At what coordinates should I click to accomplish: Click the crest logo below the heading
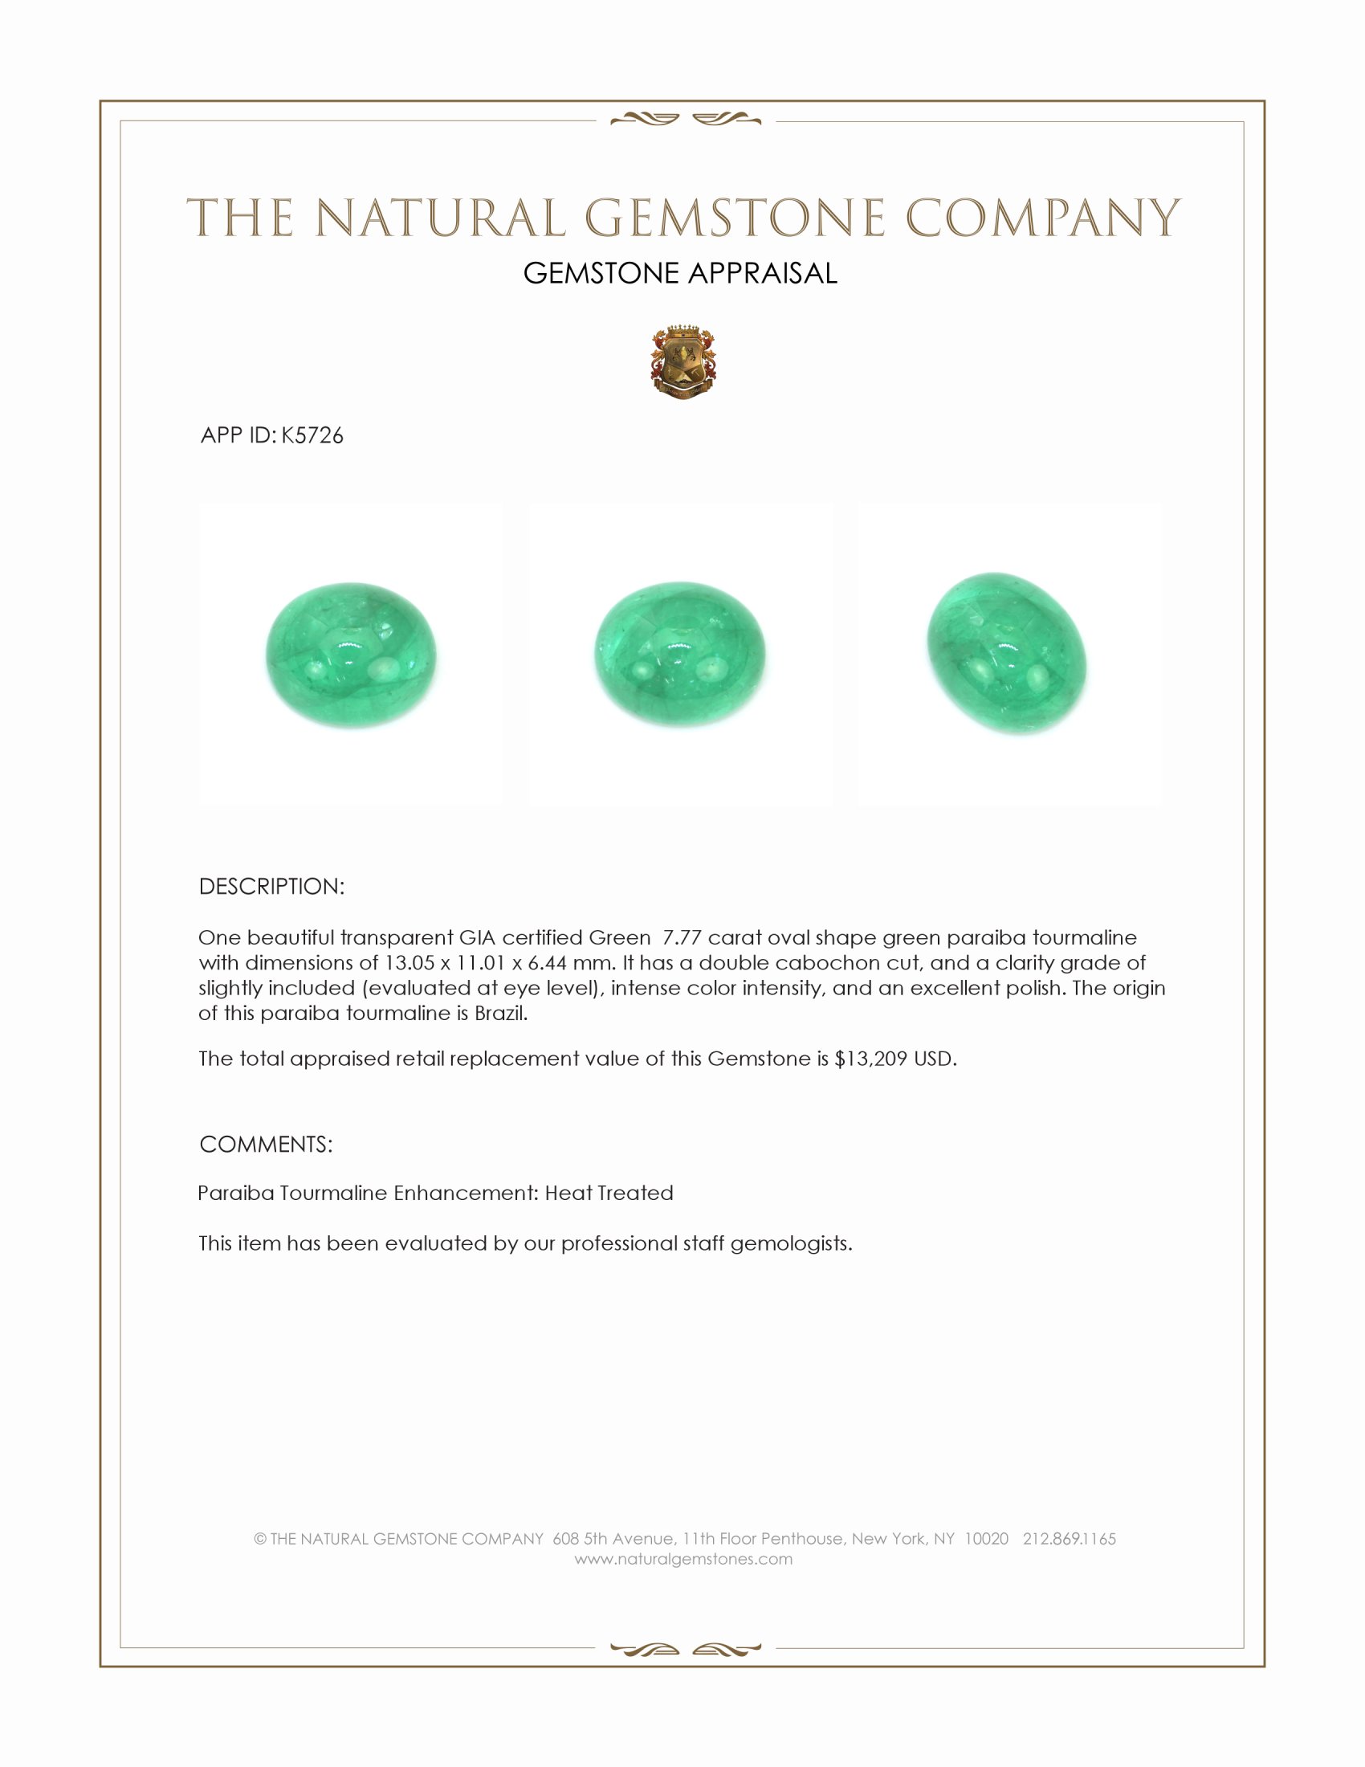683,363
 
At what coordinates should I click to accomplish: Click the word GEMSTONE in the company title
733,218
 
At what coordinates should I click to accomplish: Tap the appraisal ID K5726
312,436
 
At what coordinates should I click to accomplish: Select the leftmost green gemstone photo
351,655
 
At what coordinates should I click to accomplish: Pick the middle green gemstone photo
680,655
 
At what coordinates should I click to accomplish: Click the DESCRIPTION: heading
271,887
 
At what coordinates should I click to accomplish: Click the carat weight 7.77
682,937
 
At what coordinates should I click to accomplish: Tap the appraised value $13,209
870,1059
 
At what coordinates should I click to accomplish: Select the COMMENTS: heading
265,1145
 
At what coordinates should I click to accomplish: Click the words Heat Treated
609,1194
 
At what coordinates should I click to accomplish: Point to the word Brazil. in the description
500,1014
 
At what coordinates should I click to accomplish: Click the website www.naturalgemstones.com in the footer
683,1559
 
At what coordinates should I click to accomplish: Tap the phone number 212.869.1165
1069,1539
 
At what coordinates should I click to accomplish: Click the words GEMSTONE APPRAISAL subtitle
680,273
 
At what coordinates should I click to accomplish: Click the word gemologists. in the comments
791,1243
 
